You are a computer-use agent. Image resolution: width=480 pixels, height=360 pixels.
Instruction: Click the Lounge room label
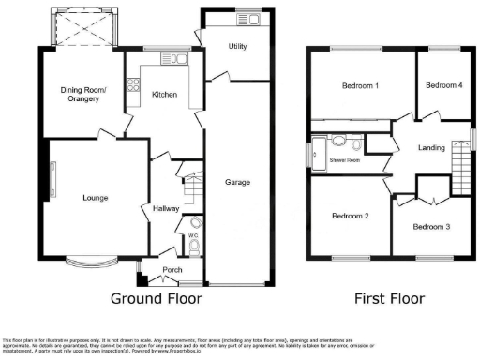click(x=96, y=198)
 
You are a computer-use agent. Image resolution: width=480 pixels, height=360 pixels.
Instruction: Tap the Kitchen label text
click(x=165, y=95)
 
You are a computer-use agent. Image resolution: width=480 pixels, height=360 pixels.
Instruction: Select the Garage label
click(x=238, y=182)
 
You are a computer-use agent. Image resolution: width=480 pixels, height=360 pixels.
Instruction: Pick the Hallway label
click(x=165, y=208)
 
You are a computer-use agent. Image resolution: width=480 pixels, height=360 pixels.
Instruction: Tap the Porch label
click(x=172, y=270)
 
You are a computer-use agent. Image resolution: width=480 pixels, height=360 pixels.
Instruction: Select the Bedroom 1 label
click(x=360, y=85)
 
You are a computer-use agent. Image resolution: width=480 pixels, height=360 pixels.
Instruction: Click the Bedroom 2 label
click(x=350, y=216)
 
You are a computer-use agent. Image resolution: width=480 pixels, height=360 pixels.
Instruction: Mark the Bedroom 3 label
click(x=431, y=226)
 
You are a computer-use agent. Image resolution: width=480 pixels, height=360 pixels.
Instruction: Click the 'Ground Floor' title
click(x=156, y=299)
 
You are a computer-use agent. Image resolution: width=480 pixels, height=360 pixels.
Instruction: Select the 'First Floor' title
click(x=389, y=299)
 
